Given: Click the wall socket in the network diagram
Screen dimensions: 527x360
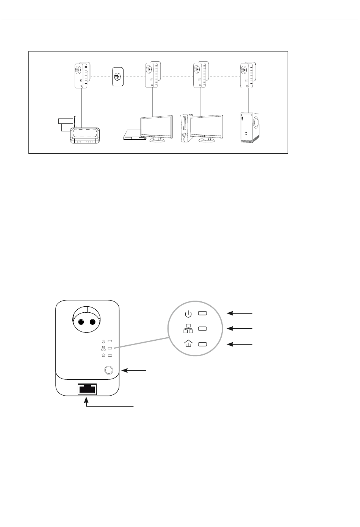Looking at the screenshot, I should tap(117, 76).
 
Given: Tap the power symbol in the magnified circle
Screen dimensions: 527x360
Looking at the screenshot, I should tap(188, 314).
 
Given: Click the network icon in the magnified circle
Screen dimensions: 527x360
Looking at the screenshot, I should tap(188, 329).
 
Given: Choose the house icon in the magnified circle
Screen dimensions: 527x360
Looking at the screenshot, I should tap(188, 344).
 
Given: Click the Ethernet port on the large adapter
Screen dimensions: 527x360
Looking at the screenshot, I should tap(87, 389).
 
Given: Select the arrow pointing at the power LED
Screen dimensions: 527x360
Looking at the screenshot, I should tap(239, 313).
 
